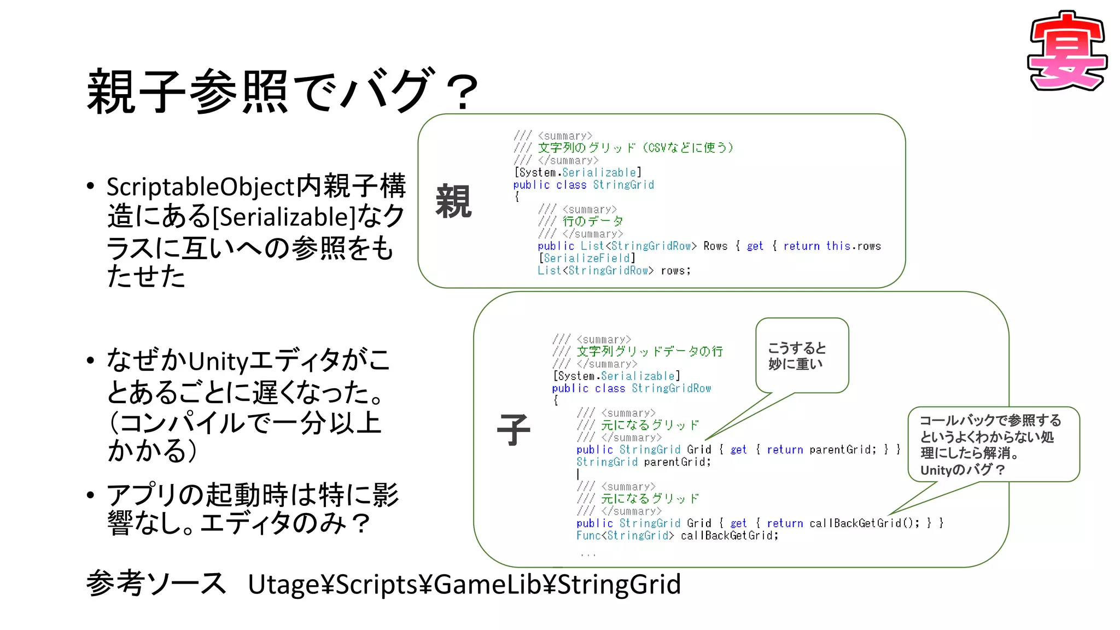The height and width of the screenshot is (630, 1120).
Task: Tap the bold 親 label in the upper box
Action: click(x=453, y=202)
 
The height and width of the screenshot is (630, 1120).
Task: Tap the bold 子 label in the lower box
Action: click(x=513, y=430)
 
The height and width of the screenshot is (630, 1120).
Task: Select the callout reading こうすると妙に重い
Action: click(x=802, y=356)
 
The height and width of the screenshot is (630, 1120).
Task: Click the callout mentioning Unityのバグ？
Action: click(x=993, y=445)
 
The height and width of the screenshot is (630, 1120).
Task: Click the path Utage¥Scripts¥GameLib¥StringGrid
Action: click(x=464, y=584)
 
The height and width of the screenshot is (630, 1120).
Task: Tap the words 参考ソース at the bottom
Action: click(x=156, y=583)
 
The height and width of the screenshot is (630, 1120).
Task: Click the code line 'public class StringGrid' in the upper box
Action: click(x=584, y=185)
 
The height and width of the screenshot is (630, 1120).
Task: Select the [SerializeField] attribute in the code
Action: click(x=587, y=258)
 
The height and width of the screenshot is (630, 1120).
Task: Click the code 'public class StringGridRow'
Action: click(x=631, y=388)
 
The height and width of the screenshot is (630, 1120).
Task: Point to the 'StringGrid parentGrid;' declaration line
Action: click(x=644, y=462)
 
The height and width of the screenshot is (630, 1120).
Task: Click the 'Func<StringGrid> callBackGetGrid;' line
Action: click(x=677, y=535)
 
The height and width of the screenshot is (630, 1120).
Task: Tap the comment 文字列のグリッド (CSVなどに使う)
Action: click(x=635, y=148)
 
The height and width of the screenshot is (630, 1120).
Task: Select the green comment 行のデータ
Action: click(x=593, y=221)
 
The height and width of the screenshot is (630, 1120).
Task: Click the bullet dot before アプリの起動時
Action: click(x=91, y=495)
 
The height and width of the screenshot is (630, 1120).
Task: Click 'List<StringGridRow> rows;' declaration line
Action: click(x=614, y=271)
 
